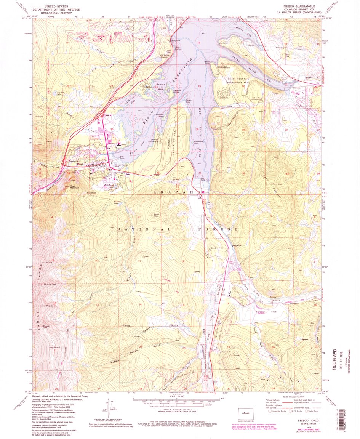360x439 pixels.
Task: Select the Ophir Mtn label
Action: tap(156, 215)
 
